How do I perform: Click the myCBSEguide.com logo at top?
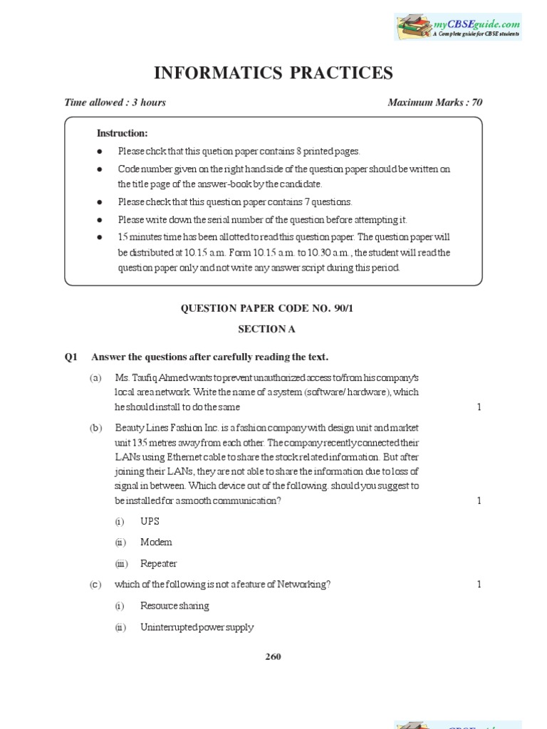(x=458, y=26)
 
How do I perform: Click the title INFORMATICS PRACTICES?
(x=273, y=73)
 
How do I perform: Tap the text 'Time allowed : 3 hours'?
(x=115, y=103)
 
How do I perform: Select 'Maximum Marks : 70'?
(x=434, y=103)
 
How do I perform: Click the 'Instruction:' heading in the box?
(x=123, y=133)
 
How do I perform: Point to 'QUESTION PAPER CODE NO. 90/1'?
(x=273, y=308)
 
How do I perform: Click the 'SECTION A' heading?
(x=273, y=329)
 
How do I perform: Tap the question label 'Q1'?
(x=71, y=357)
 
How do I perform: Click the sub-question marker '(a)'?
(x=95, y=377)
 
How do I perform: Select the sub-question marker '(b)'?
(x=95, y=427)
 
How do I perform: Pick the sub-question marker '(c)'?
(x=95, y=584)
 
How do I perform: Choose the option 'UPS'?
(x=150, y=521)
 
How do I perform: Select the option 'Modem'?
(x=156, y=542)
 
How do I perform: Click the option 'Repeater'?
(x=159, y=564)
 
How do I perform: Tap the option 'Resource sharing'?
(x=174, y=606)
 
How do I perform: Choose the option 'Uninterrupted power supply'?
(x=197, y=627)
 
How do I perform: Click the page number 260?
(x=273, y=656)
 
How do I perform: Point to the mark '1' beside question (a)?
(x=479, y=407)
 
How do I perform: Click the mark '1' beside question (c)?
(x=479, y=584)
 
